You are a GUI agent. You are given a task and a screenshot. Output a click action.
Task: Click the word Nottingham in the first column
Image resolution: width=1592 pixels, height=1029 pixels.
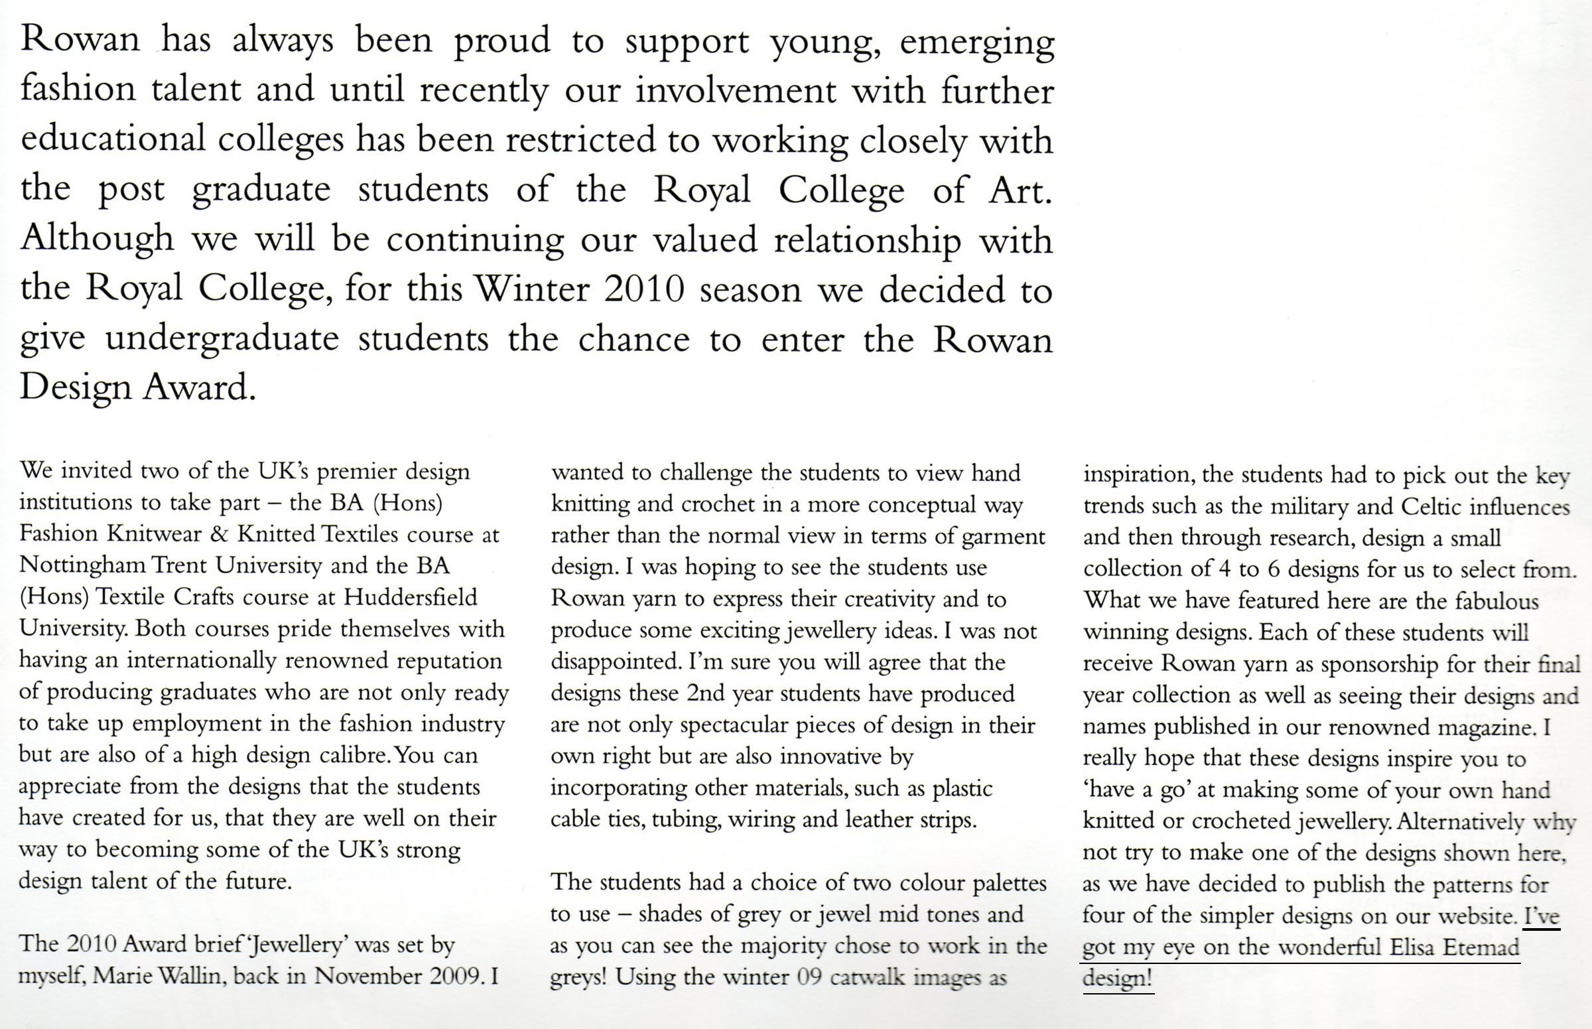[x=82, y=565]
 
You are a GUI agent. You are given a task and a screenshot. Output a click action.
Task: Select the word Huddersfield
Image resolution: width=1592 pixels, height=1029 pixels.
[x=410, y=596]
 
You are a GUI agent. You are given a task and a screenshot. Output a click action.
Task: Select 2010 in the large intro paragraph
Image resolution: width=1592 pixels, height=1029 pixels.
[x=644, y=289]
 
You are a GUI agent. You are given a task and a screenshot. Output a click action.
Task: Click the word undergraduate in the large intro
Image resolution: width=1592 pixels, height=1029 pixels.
[x=222, y=339]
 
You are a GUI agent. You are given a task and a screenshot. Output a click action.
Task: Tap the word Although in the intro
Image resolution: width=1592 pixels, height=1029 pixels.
[x=97, y=239]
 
